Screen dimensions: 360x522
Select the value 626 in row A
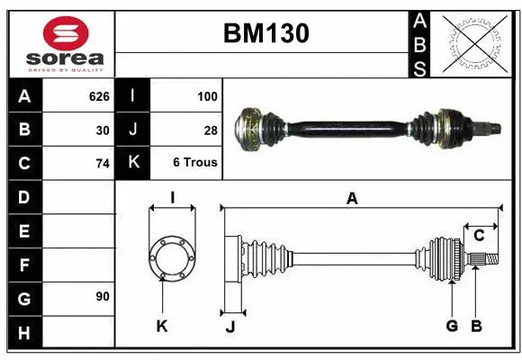click(x=99, y=96)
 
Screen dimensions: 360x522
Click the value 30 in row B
click(x=103, y=130)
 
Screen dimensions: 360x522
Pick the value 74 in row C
click(x=103, y=164)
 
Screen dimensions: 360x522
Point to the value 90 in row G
click(x=103, y=296)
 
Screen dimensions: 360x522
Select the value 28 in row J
click(x=211, y=130)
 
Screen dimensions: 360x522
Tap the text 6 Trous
click(x=195, y=164)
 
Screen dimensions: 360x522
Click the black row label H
click(x=24, y=334)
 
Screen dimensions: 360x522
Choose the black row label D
click(x=24, y=197)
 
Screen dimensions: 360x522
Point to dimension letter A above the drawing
click(x=352, y=199)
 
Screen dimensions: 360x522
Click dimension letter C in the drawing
click(x=479, y=236)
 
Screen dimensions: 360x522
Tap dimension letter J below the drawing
click(x=230, y=327)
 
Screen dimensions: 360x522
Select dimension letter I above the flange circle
click(x=172, y=198)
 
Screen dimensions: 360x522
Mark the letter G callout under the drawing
click(x=452, y=326)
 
